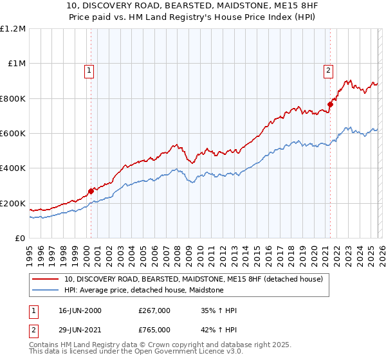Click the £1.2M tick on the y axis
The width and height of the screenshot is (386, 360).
click(x=14, y=29)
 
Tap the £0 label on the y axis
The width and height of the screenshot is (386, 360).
click(x=19, y=239)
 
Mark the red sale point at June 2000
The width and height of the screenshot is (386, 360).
click(x=91, y=191)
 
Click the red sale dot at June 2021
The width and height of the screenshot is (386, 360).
click(x=330, y=104)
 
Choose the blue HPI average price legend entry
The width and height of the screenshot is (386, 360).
click(x=143, y=290)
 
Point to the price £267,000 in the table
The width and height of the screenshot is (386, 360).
click(x=154, y=311)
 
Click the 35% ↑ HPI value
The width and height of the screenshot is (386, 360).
click(x=219, y=311)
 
